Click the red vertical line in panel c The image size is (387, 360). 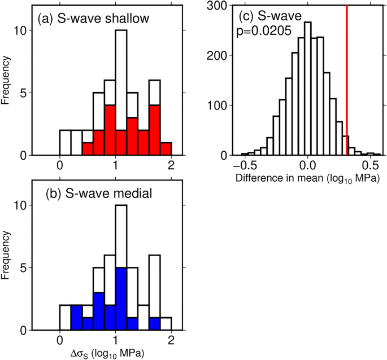347,79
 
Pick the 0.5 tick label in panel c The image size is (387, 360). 370,167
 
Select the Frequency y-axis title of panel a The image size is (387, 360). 6,81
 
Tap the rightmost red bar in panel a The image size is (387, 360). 166,149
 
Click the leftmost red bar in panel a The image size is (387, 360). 88,149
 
